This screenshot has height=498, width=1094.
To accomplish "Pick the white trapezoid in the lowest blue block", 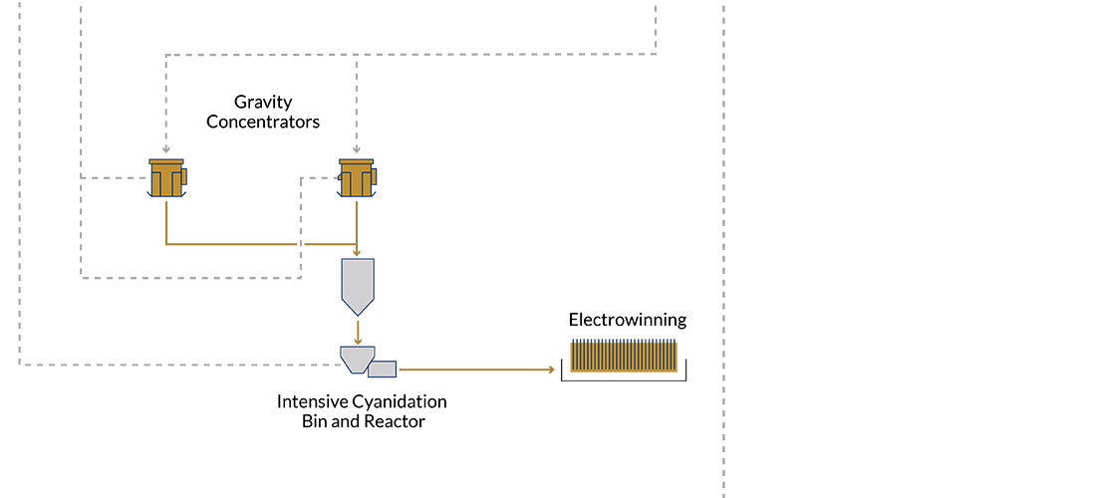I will pos(355,356).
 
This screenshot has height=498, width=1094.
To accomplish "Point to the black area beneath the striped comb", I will pos(623,438).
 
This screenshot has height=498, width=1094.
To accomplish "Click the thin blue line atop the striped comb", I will pos(624,334).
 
